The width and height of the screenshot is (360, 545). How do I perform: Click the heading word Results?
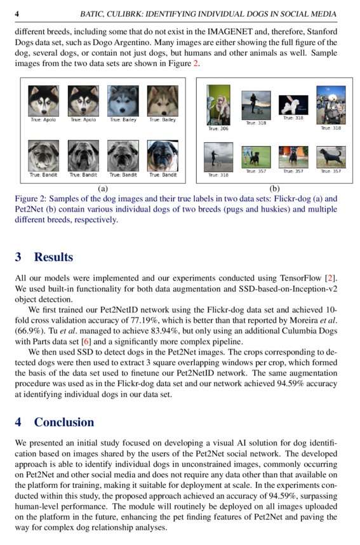(x=54, y=257)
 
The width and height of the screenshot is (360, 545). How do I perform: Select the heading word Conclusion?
(x=64, y=422)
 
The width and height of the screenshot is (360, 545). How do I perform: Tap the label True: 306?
(x=218, y=129)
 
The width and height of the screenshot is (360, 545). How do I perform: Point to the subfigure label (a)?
(x=103, y=189)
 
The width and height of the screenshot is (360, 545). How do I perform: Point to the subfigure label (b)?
(x=274, y=189)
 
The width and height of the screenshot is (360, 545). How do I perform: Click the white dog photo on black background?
(x=293, y=105)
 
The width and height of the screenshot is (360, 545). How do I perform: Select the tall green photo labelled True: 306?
(x=218, y=105)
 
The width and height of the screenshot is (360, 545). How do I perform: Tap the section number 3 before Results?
(x=18, y=257)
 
